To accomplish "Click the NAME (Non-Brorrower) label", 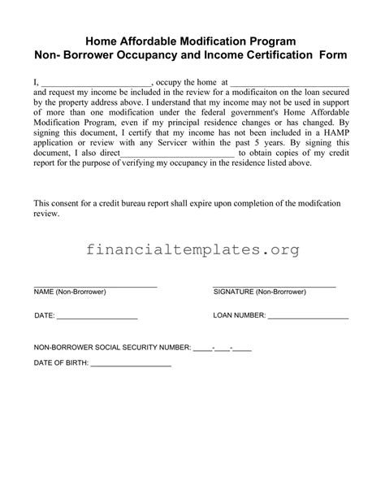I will click(70, 291).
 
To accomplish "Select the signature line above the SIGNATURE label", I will click(275, 284).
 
